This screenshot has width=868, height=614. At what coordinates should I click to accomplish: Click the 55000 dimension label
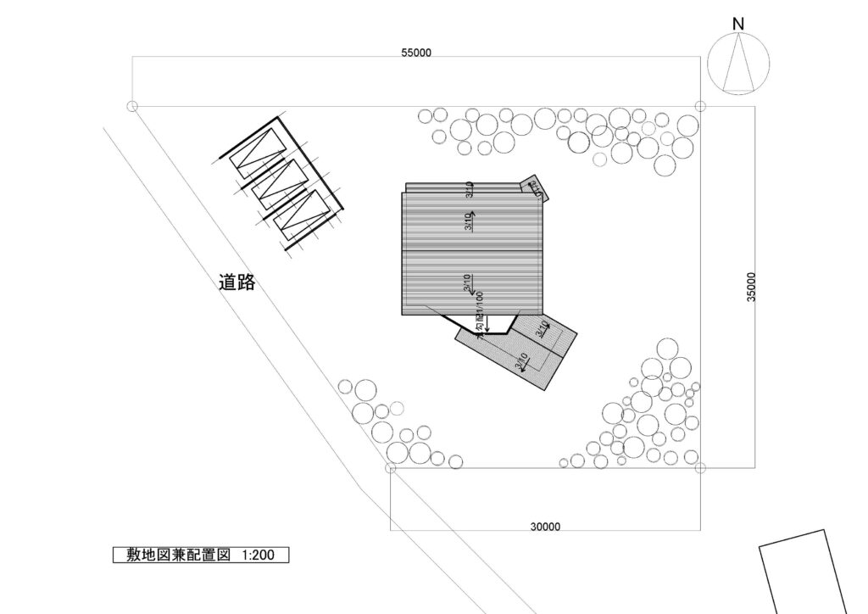click(417, 53)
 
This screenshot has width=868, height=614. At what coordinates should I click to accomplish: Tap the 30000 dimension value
click(545, 526)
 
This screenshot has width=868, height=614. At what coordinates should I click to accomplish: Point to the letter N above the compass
click(738, 25)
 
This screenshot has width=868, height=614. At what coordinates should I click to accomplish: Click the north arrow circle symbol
click(738, 64)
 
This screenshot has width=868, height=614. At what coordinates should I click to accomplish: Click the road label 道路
click(236, 283)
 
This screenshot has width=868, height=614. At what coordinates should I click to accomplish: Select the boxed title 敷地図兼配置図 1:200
click(201, 555)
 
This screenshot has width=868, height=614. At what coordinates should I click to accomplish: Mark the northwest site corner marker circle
click(131, 106)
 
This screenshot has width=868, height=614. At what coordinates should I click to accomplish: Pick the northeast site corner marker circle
click(700, 106)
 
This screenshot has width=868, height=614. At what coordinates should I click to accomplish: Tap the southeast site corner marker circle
click(700, 467)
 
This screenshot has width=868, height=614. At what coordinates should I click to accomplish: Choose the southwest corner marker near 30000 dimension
click(390, 467)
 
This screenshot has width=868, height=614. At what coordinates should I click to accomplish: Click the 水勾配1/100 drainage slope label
click(480, 315)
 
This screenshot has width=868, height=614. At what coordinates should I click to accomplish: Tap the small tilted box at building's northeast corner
click(535, 188)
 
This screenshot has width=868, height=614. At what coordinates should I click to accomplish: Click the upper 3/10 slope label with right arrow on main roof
click(469, 221)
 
